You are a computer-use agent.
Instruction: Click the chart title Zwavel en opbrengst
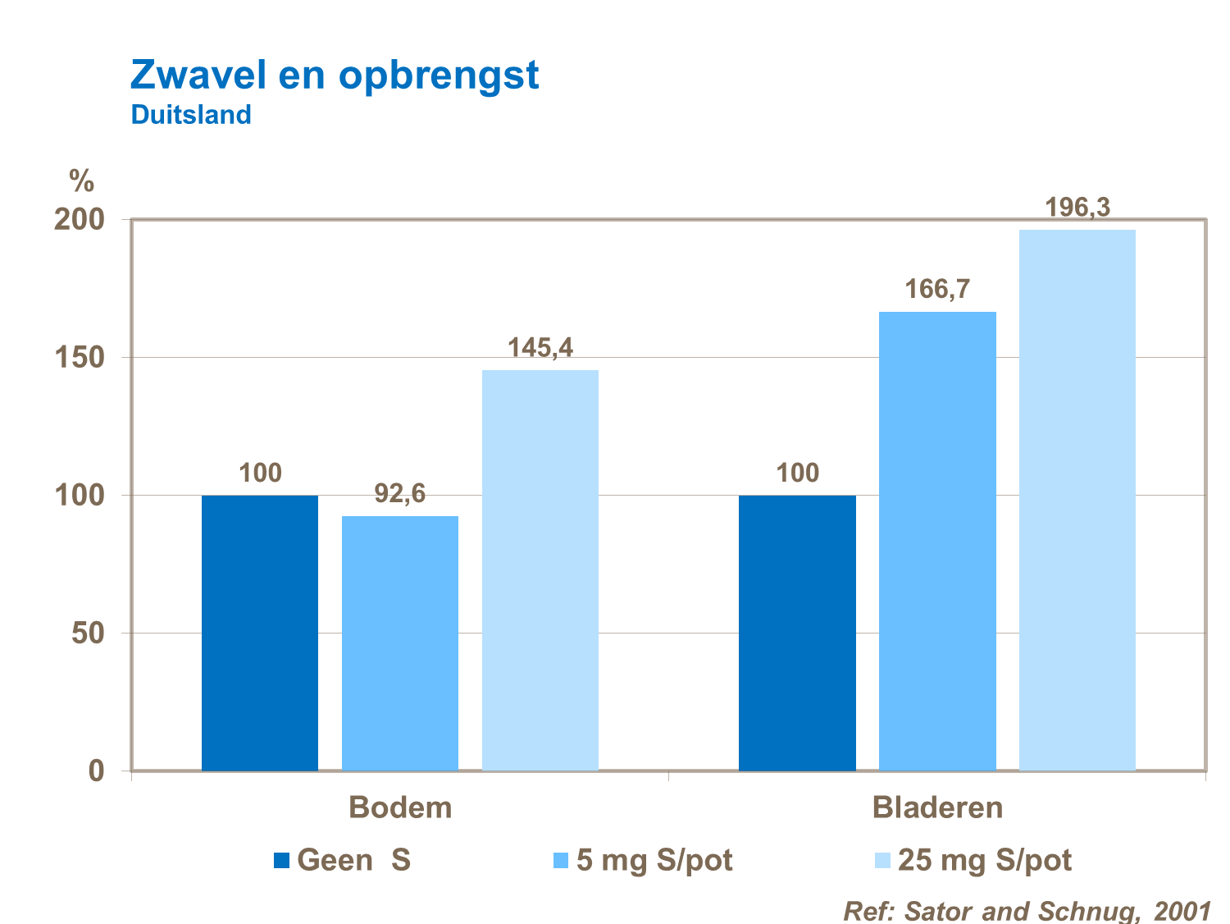(x=335, y=75)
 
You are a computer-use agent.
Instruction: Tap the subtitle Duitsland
(x=191, y=115)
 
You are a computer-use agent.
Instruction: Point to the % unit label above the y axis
(x=81, y=181)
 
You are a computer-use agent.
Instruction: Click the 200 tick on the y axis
(x=80, y=220)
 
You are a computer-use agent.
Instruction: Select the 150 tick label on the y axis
(x=80, y=358)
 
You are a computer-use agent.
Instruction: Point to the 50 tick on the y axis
(x=88, y=634)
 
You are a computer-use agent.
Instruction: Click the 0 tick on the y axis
(x=97, y=771)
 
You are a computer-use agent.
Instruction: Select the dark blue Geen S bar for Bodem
(x=260, y=633)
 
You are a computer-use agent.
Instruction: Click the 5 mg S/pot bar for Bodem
(x=400, y=643)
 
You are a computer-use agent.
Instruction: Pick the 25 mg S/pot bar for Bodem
(x=540, y=570)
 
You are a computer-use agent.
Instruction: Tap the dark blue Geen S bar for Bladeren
(x=797, y=633)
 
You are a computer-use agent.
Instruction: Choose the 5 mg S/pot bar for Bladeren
(x=937, y=541)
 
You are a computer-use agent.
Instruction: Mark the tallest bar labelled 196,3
(x=1077, y=500)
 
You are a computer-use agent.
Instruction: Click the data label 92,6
(x=400, y=493)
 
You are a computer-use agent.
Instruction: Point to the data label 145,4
(x=540, y=348)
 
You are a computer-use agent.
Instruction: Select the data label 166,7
(x=937, y=289)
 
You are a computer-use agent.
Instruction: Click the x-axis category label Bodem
(x=400, y=807)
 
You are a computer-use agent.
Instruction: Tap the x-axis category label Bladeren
(x=937, y=807)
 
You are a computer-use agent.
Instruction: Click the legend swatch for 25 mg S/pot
(x=882, y=861)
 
